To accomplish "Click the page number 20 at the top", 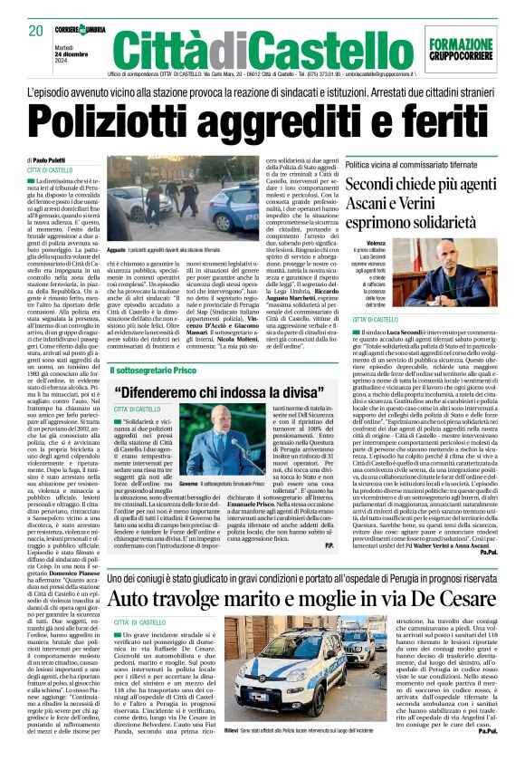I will (36, 30).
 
